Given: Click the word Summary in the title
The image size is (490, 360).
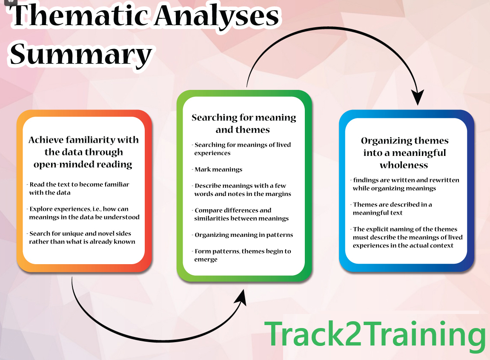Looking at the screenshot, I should (x=81, y=54).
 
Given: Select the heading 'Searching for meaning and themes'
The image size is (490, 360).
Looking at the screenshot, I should (x=244, y=123).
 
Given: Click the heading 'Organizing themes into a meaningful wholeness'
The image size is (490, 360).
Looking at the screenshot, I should (x=404, y=152).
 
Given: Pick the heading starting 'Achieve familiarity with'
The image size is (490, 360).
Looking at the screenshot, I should (x=83, y=152).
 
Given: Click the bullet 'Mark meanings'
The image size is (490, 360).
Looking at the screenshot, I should (x=218, y=170).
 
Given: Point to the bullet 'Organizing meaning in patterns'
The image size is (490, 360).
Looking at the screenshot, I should (x=243, y=235).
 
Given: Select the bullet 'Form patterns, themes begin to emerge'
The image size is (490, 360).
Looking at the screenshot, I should (x=242, y=255).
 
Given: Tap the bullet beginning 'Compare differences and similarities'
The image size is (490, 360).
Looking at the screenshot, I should (x=241, y=214).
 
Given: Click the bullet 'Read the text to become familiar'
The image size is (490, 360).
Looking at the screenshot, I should (x=79, y=188).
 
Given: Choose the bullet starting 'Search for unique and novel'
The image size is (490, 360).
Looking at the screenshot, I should (x=82, y=237).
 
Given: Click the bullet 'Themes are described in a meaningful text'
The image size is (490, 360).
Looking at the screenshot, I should (x=392, y=208).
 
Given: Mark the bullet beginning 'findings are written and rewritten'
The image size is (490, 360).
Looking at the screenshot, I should (x=405, y=184).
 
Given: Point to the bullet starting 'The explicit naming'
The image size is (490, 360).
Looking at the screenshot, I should (x=407, y=237).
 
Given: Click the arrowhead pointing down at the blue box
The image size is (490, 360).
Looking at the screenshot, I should (x=418, y=98).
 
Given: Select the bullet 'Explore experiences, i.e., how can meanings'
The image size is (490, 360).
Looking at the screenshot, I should (x=84, y=213).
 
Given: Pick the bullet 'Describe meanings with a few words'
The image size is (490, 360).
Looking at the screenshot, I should (x=242, y=190).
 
